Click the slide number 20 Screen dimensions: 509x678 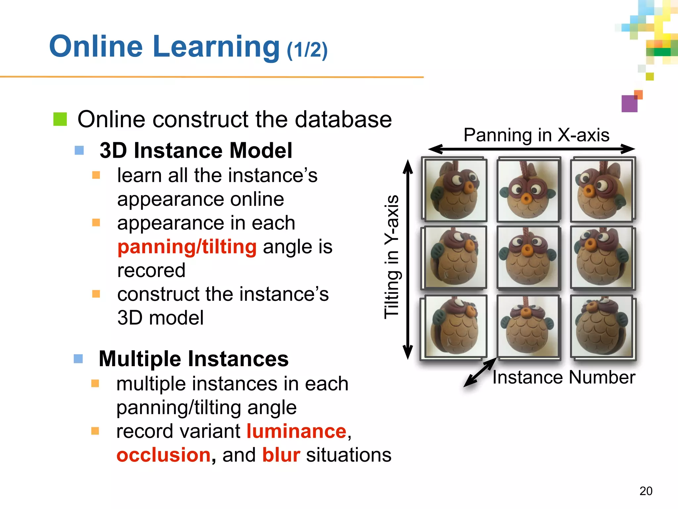pyautogui.click(x=646, y=491)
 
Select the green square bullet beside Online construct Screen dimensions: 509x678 pyautogui.click(x=60, y=119)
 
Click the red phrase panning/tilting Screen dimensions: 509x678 pyautogui.click(x=187, y=247)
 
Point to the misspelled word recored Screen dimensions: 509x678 pyautogui.click(x=151, y=270)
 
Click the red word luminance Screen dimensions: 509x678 pyautogui.click(x=296, y=431)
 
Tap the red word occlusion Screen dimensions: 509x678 pyautogui.click(x=164, y=455)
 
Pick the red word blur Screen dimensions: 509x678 pyautogui.click(x=281, y=455)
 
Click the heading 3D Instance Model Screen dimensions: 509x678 pyautogui.click(x=196, y=150)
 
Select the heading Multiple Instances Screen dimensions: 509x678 pyautogui.click(x=194, y=359)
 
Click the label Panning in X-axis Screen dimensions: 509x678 pyautogui.click(x=536, y=135)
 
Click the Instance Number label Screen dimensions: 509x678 pyautogui.click(x=563, y=377)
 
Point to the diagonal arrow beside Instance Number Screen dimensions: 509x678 pyautogui.click(x=479, y=373)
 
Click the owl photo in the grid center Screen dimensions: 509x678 pyautogui.click(x=528, y=257)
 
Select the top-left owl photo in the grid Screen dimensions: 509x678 pyautogui.click(x=455, y=190)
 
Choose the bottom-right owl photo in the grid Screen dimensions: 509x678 pyautogui.click(x=602, y=326)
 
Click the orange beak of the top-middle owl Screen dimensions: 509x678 pyautogui.click(x=526, y=199)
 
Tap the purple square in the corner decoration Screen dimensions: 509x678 pyautogui.click(x=629, y=104)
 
